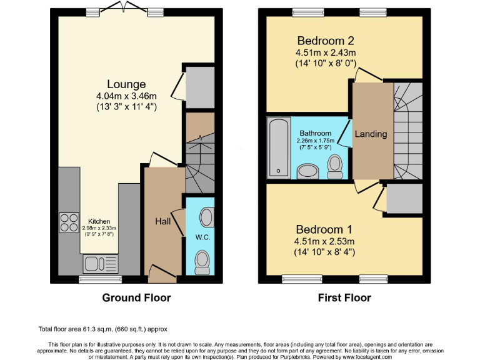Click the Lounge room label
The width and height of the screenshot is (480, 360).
tap(126, 84)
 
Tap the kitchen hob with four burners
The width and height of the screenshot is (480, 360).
tap(67, 222)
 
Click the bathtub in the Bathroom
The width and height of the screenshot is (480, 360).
tap(276, 148)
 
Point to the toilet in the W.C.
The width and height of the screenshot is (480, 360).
tap(202, 262)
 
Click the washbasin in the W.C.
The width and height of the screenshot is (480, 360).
tap(206, 217)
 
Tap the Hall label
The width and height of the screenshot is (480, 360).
tap(163, 221)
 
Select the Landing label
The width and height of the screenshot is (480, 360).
tap(371, 134)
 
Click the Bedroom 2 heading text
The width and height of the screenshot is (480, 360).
tap(325, 41)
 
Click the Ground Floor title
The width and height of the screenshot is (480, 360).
tap(136, 297)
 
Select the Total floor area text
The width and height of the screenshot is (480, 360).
tap(102, 329)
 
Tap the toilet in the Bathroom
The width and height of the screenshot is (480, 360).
tap(335, 164)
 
